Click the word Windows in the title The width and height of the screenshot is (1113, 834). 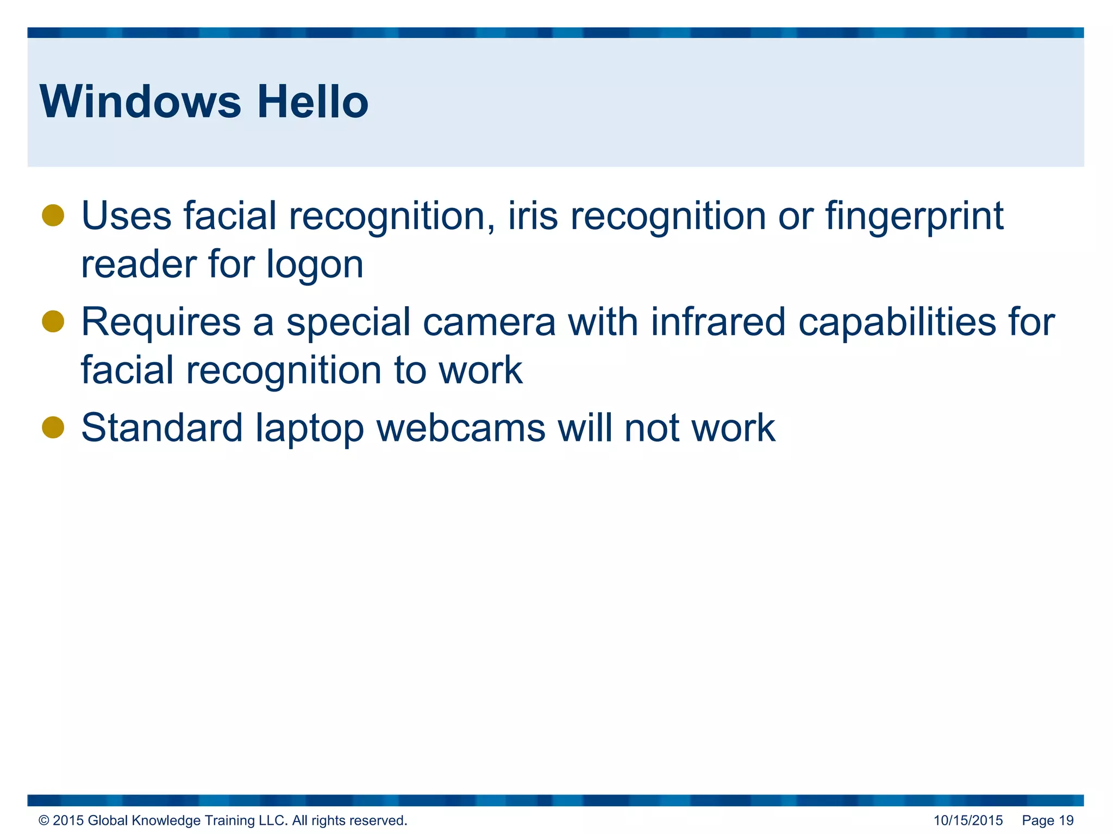(140, 102)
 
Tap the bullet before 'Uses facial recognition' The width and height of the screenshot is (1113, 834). (53, 216)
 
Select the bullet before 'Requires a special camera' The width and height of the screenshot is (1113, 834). (53, 321)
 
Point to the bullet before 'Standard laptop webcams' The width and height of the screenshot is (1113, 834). (53, 427)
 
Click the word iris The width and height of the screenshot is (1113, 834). (533, 216)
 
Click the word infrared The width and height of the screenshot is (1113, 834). (718, 321)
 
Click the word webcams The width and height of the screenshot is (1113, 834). (461, 428)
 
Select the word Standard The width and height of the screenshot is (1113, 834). (162, 428)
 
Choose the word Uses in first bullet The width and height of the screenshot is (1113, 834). (126, 216)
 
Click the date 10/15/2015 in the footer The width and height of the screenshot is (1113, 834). (968, 820)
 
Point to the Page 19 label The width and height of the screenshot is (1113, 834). (1048, 820)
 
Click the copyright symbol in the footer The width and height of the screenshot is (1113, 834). (43, 820)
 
